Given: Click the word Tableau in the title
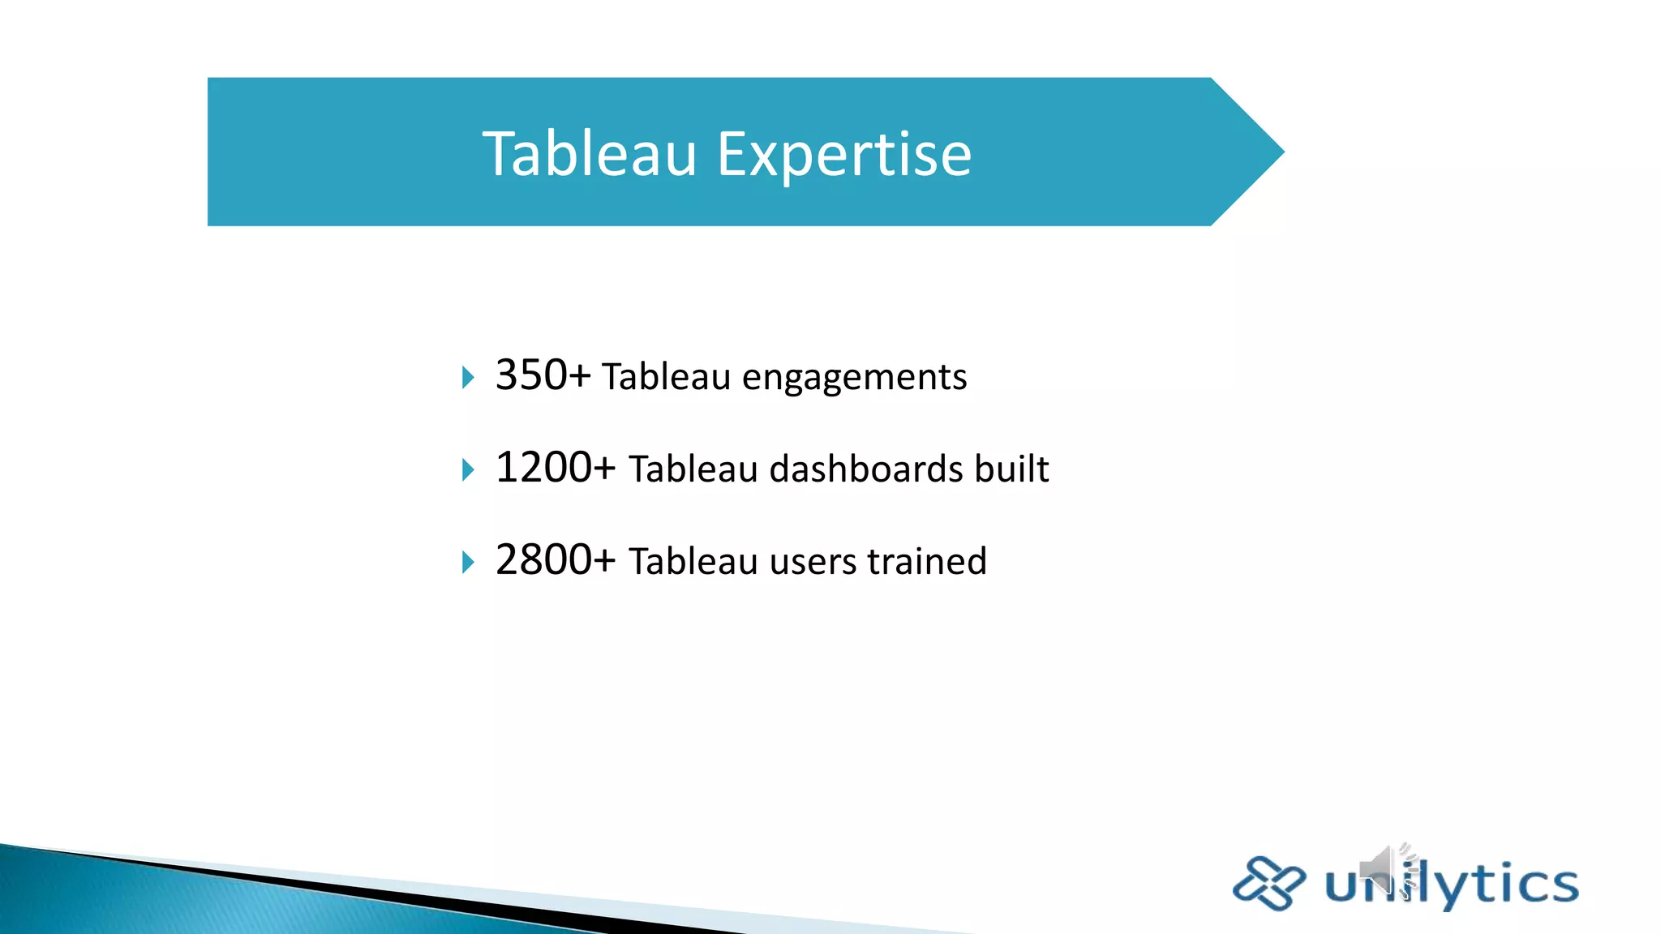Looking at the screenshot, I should pyautogui.click(x=590, y=154).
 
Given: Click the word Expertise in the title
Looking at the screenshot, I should pyautogui.click(x=843, y=154).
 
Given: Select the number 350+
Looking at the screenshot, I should pyautogui.click(x=543, y=375).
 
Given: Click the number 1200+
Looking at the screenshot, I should pyautogui.click(x=556, y=468).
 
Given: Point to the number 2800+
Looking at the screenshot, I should pyautogui.click(x=556, y=560).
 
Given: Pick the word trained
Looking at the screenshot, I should pyautogui.click(x=927, y=561).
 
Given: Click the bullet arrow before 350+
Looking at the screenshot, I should pyautogui.click(x=467, y=377).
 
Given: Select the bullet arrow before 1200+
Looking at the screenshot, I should pyautogui.click(x=467, y=469).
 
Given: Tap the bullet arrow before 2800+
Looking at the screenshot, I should pyautogui.click(x=467, y=562).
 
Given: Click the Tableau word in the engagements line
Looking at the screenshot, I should pyautogui.click(x=666, y=377).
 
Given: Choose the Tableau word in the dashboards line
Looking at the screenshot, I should pyautogui.click(x=693, y=469).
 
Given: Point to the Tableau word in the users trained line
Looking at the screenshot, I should pyautogui.click(x=693, y=562).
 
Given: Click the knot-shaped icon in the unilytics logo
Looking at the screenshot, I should pyautogui.click(x=1268, y=883).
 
